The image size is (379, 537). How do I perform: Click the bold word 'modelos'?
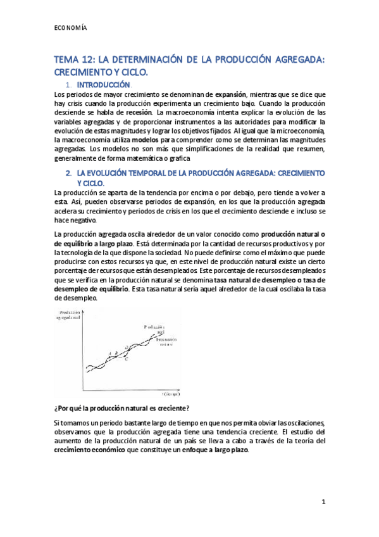pos(142,139)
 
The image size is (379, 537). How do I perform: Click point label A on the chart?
pos(109,353)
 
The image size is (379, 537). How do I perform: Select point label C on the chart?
pos(127,359)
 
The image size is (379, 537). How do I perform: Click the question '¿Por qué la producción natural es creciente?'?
pos(121,407)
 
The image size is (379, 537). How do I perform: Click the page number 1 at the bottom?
pos(323,502)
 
